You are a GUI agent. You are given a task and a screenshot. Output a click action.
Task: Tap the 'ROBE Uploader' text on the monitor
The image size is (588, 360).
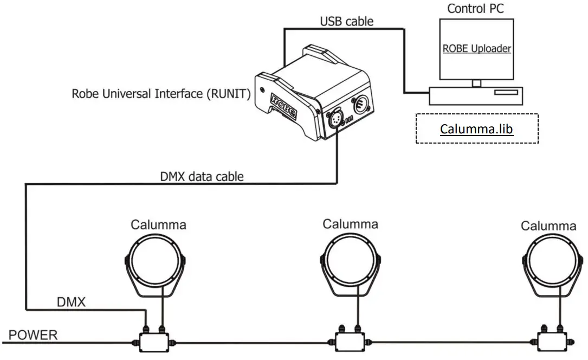[477, 48]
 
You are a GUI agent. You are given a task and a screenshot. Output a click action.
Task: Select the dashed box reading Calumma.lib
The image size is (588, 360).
[477, 129]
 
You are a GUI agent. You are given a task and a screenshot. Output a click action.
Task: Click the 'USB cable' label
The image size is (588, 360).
[347, 22]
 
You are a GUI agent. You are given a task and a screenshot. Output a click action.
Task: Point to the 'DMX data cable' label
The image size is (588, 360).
[202, 176]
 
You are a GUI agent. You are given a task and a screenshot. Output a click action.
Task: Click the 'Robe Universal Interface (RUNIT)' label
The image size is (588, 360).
[161, 94]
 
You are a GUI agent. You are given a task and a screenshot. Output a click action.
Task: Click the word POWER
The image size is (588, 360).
[33, 335]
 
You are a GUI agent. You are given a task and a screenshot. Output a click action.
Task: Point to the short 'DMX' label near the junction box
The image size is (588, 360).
[71, 303]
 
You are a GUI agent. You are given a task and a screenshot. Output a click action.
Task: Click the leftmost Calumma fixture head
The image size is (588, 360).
[155, 260]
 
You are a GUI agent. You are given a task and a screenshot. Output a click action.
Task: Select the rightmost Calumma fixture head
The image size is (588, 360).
[549, 260]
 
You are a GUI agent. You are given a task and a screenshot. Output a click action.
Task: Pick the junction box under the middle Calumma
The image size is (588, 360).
[349, 342]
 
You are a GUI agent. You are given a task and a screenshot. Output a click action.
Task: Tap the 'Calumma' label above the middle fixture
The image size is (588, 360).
[351, 223]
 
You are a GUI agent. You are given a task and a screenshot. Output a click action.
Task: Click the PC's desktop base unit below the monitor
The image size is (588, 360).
[476, 96]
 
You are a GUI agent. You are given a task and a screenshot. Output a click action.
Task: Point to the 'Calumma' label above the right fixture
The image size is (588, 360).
[548, 226]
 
